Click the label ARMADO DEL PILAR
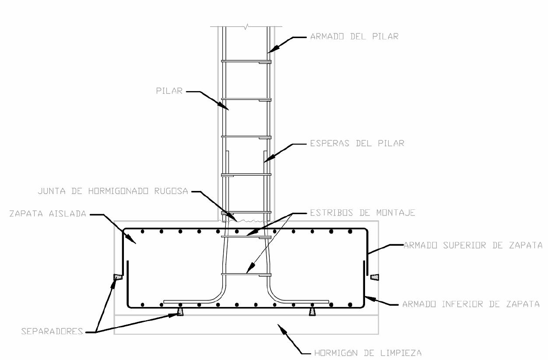tap(354, 37)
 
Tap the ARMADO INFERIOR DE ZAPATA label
tap(471, 304)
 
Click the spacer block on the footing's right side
tap(375, 277)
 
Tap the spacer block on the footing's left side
tap(118, 277)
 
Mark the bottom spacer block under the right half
tap(312, 312)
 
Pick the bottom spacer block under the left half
tap(180, 312)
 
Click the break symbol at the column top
tap(247, 27)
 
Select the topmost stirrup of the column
tap(246, 61)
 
